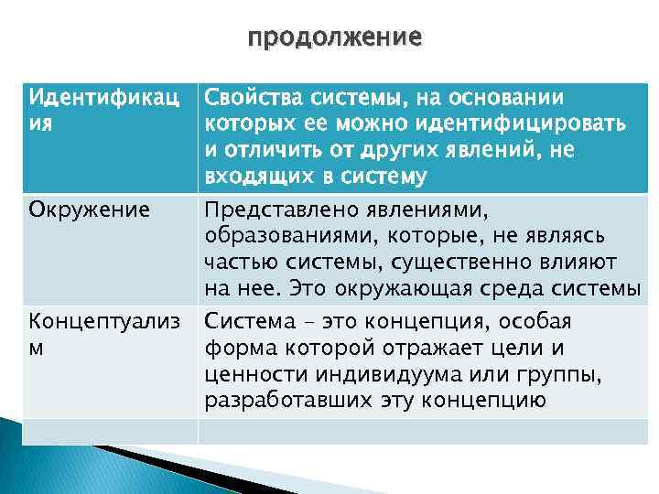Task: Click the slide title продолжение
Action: [335, 38]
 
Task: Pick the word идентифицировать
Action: [532, 123]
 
